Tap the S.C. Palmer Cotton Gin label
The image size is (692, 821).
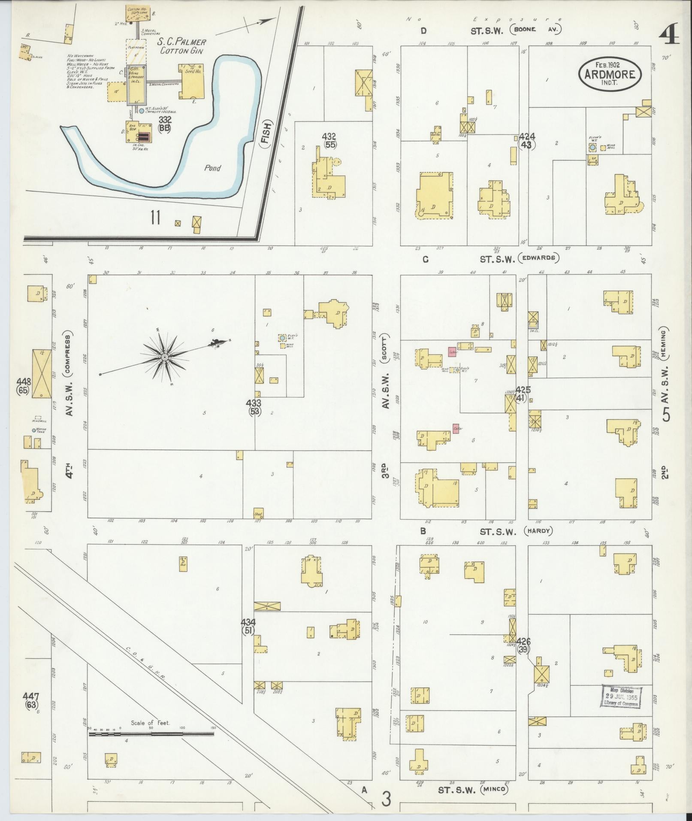(181, 46)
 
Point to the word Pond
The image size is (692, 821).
(212, 168)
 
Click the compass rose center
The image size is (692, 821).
(164, 357)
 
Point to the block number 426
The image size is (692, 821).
(523, 642)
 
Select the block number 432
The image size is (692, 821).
(330, 136)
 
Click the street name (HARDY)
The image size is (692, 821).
(538, 531)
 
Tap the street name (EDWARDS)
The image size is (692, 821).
(538, 258)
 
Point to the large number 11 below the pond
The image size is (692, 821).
(155, 218)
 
